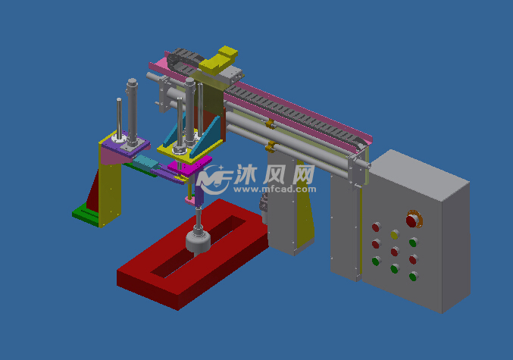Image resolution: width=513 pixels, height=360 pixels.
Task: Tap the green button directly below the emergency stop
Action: [x=413, y=243]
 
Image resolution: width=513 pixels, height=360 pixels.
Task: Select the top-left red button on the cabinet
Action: [x=375, y=226]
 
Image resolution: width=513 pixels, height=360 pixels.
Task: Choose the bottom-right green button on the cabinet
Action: [x=413, y=276]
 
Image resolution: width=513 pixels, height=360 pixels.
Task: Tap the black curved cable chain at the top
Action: [x=182, y=56]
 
